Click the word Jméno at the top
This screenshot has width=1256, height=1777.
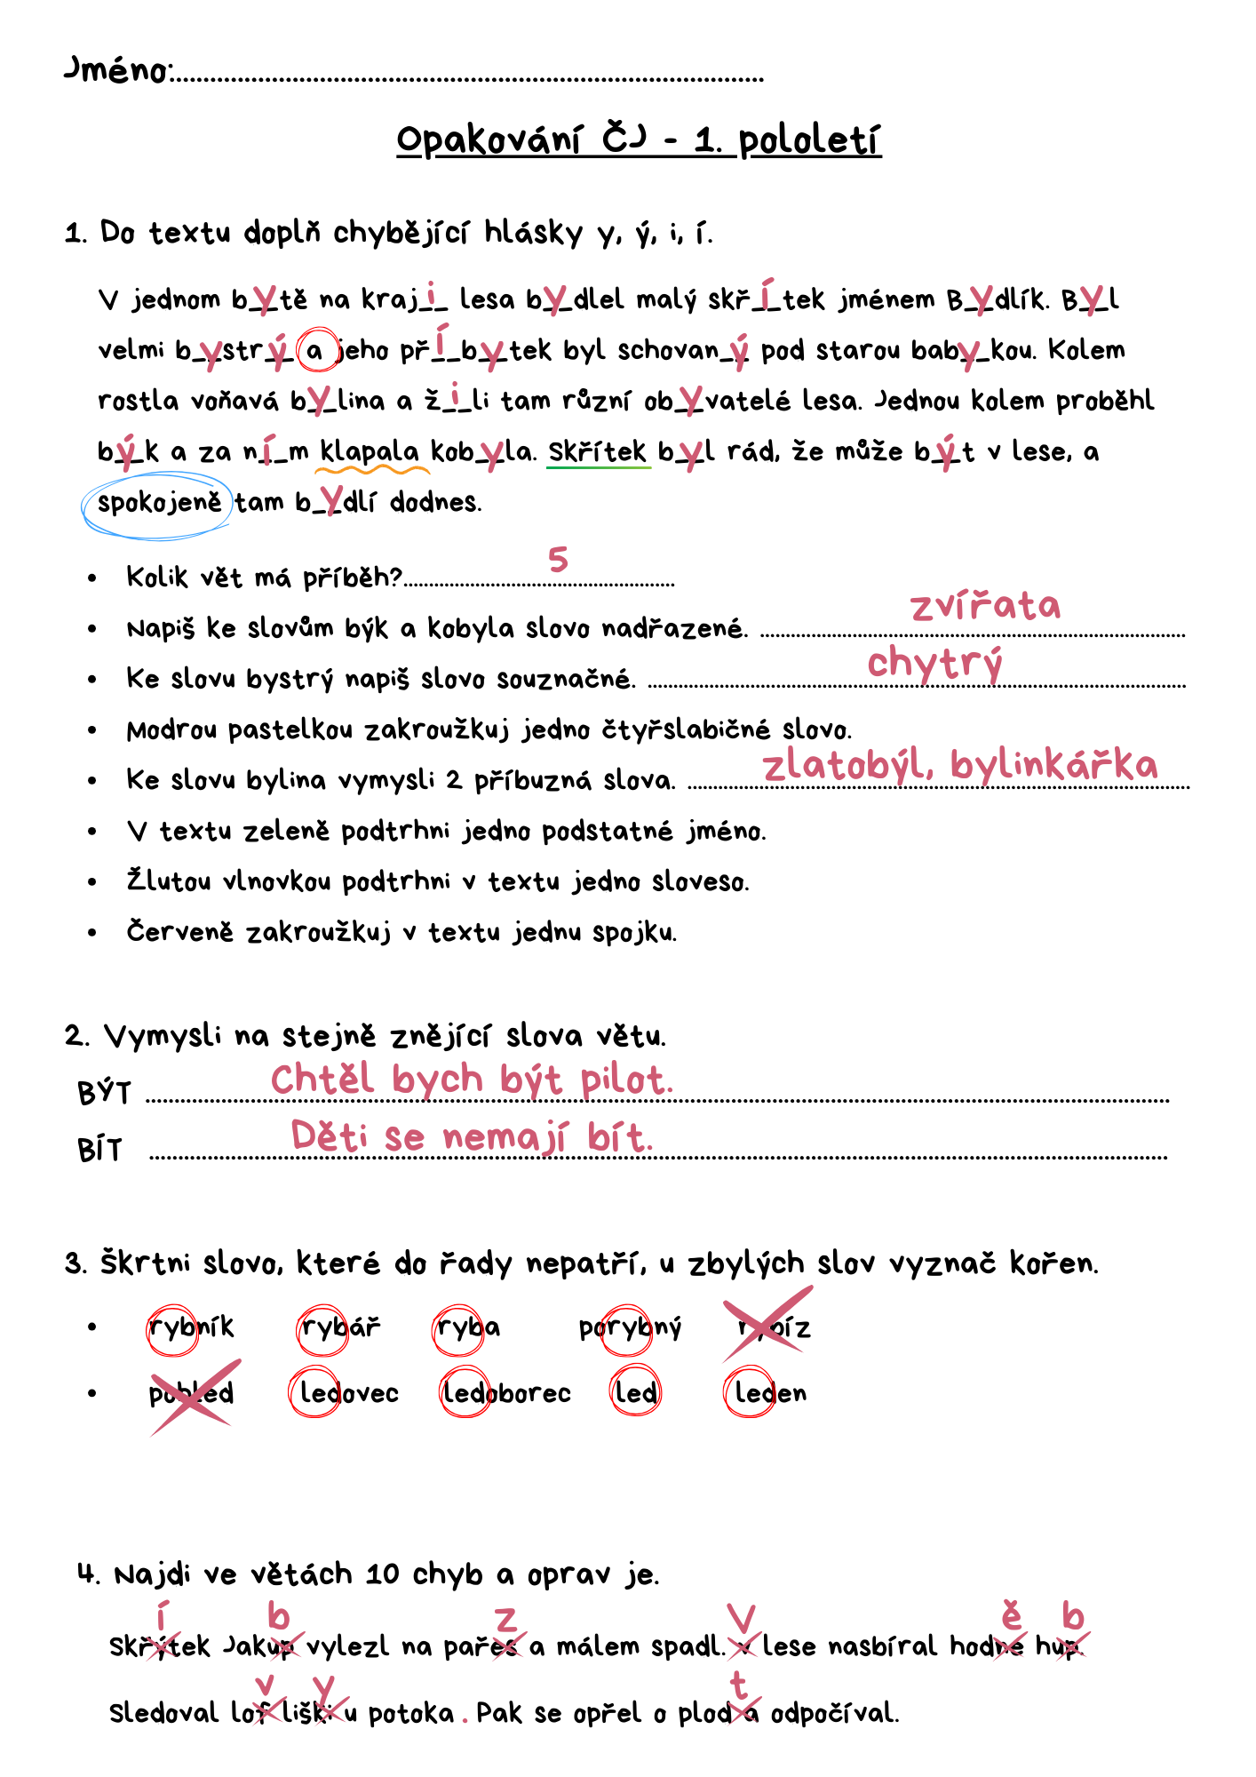click(x=117, y=69)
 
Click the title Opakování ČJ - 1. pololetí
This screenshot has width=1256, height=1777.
click(x=638, y=140)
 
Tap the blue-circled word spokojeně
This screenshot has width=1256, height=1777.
click(x=159, y=503)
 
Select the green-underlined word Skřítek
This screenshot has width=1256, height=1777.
click(x=597, y=451)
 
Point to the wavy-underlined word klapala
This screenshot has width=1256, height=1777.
click(x=370, y=451)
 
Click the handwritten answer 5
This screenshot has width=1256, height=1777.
click(x=558, y=560)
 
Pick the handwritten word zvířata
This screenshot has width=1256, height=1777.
click(x=985, y=607)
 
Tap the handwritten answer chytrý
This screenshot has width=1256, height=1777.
click(x=934, y=663)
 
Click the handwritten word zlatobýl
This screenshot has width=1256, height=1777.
click(x=847, y=765)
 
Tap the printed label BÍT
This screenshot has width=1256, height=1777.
click(x=99, y=1151)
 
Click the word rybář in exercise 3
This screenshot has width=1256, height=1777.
click(x=340, y=1327)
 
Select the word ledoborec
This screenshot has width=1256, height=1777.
click(x=506, y=1393)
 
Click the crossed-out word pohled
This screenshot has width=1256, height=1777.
click(x=191, y=1393)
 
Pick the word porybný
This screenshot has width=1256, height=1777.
click(x=630, y=1328)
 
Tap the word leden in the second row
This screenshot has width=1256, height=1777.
click(x=770, y=1393)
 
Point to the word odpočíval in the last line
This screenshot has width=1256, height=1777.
click(x=834, y=1713)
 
